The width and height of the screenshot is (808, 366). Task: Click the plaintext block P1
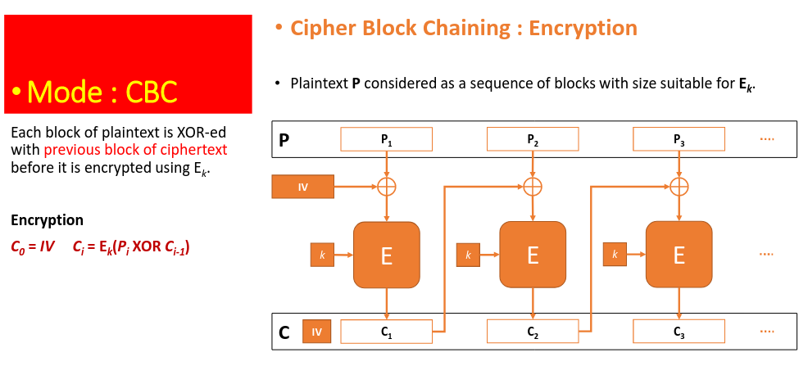coord(386,139)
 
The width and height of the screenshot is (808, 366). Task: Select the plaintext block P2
coord(533,139)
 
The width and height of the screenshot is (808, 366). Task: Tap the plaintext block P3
coord(679,139)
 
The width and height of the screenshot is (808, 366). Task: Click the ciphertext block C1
coord(386,332)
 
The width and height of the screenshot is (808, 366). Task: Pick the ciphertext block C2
coord(533,332)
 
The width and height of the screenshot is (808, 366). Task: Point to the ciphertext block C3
coord(679,332)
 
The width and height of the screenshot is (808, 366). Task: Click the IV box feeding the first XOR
coord(303,187)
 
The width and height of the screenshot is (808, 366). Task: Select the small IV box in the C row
coord(317,332)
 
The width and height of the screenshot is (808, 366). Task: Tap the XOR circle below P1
coord(387,187)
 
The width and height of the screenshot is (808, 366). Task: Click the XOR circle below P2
coord(533,187)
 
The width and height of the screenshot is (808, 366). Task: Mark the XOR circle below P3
coord(679,187)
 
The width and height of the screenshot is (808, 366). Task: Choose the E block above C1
coord(387,255)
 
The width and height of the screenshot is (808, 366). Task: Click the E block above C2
coord(533,255)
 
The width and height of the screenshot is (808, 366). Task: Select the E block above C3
coord(679,255)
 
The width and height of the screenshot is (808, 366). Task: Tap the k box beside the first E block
coord(322,255)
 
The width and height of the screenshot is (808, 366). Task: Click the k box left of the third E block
coord(615,255)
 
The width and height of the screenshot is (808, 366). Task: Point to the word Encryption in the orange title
coord(583,28)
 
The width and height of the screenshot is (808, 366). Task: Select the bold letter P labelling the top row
coord(284,140)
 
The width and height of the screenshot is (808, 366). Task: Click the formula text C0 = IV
coord(33,248)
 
